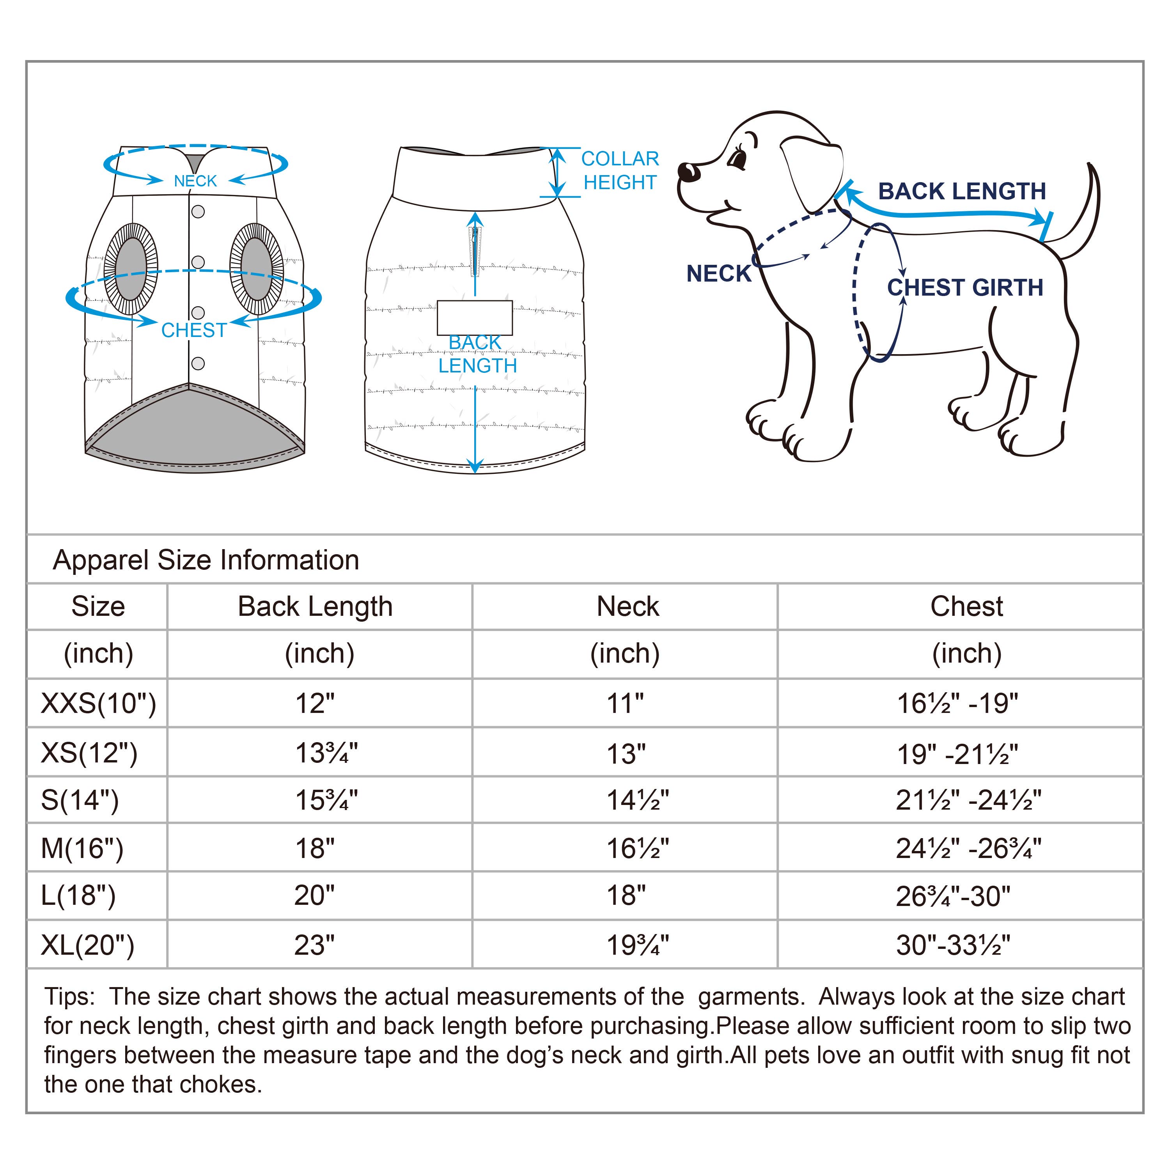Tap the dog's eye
[737, 160]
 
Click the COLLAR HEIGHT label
[620, 170]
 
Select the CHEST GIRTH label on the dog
[965, 288]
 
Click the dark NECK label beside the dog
[718, 274]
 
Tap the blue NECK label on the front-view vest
[195, 181]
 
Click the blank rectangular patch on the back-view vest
[475, 318]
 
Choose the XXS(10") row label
[98, 703]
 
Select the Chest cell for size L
[953, 896]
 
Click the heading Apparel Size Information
[206, 560]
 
